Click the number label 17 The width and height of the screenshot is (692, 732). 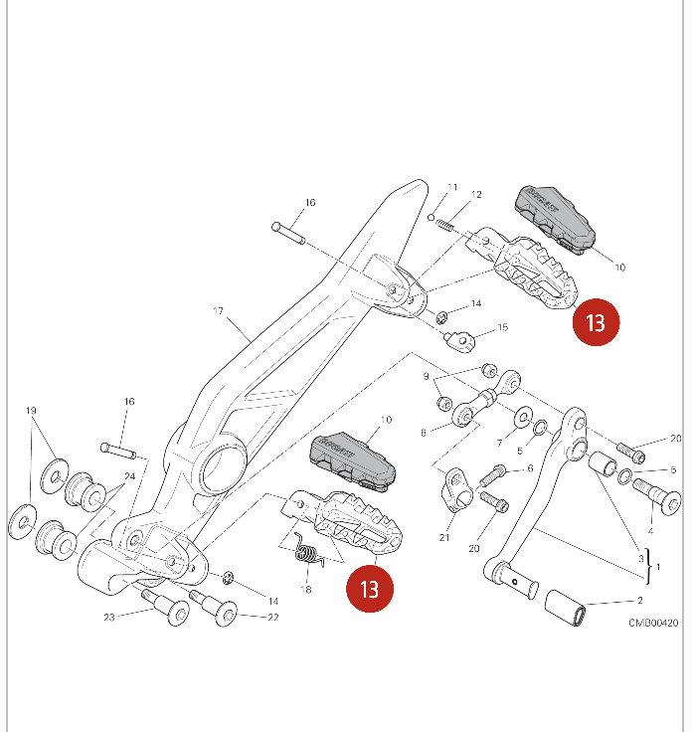coord(219,311)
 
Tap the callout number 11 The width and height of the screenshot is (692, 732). coord(451,188)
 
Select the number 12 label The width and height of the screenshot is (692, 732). coord(476,195)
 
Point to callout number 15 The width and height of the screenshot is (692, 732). coord(502,327)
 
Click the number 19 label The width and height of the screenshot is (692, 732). coord(31,411)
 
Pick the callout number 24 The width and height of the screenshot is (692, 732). coord(128,476)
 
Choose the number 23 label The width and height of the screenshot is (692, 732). coord(109,618)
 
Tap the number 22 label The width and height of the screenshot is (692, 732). coord(272,618)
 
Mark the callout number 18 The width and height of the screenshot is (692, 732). coord(306,590)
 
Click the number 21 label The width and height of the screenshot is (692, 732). coord(444,538)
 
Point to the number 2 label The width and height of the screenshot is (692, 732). coord(639,601)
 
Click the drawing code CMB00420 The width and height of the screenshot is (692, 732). coord(652,623)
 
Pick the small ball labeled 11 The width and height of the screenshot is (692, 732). coord(432,216)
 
